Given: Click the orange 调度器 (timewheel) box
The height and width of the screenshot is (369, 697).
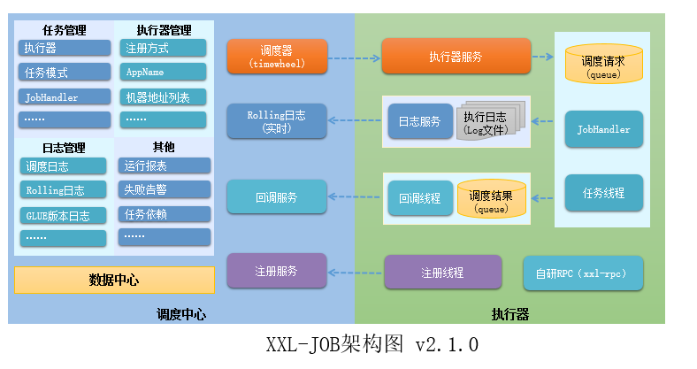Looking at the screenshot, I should click(x=277, y=57).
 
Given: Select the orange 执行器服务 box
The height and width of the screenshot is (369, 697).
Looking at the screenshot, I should click(x=455, y=57).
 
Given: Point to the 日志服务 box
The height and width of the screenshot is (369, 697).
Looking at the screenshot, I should click(x=419, y=122).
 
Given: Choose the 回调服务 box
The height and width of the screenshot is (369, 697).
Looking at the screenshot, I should click(x=277, y=196).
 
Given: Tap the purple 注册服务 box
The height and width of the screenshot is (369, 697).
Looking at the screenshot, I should click(x=277, y=271).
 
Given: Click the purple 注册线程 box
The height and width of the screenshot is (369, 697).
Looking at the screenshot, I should click(x=442, y=272).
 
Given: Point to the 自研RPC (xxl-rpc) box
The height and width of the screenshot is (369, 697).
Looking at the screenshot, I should click(x=583, y=273).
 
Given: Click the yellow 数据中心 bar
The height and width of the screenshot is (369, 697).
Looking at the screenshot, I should click(x=114, y=281).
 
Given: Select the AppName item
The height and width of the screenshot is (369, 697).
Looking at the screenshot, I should click(x=164, y=72).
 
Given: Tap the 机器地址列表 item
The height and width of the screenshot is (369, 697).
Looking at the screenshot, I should click(x=164, y=96).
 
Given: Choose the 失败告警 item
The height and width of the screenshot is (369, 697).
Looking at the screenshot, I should click(x=164, y=188).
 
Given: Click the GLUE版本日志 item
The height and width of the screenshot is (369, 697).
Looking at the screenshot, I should click(x=64, y=214).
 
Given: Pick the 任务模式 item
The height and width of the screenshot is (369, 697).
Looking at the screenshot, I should click(x=64, y=73).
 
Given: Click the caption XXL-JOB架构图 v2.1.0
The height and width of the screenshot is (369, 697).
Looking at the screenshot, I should click(x=371, y=342).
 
